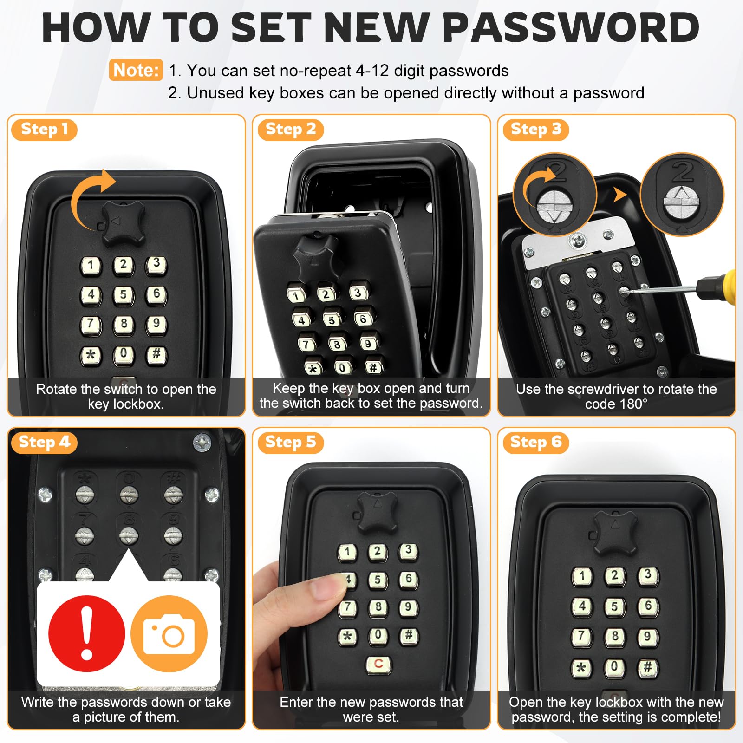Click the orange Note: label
tap(136, 70)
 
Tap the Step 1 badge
tap(44, 129)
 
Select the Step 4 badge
tap(44, 442)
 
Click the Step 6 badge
tap(536, 442)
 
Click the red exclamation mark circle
tap(87, 633)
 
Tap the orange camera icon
tap(169, 633)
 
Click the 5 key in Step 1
tap(124, 294)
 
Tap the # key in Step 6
tap(648, 668)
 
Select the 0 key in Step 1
tap(124, 354)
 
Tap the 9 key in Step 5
tap(409, 607)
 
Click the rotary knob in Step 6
tap(615, 533)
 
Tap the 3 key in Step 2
tap(358, 293)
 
